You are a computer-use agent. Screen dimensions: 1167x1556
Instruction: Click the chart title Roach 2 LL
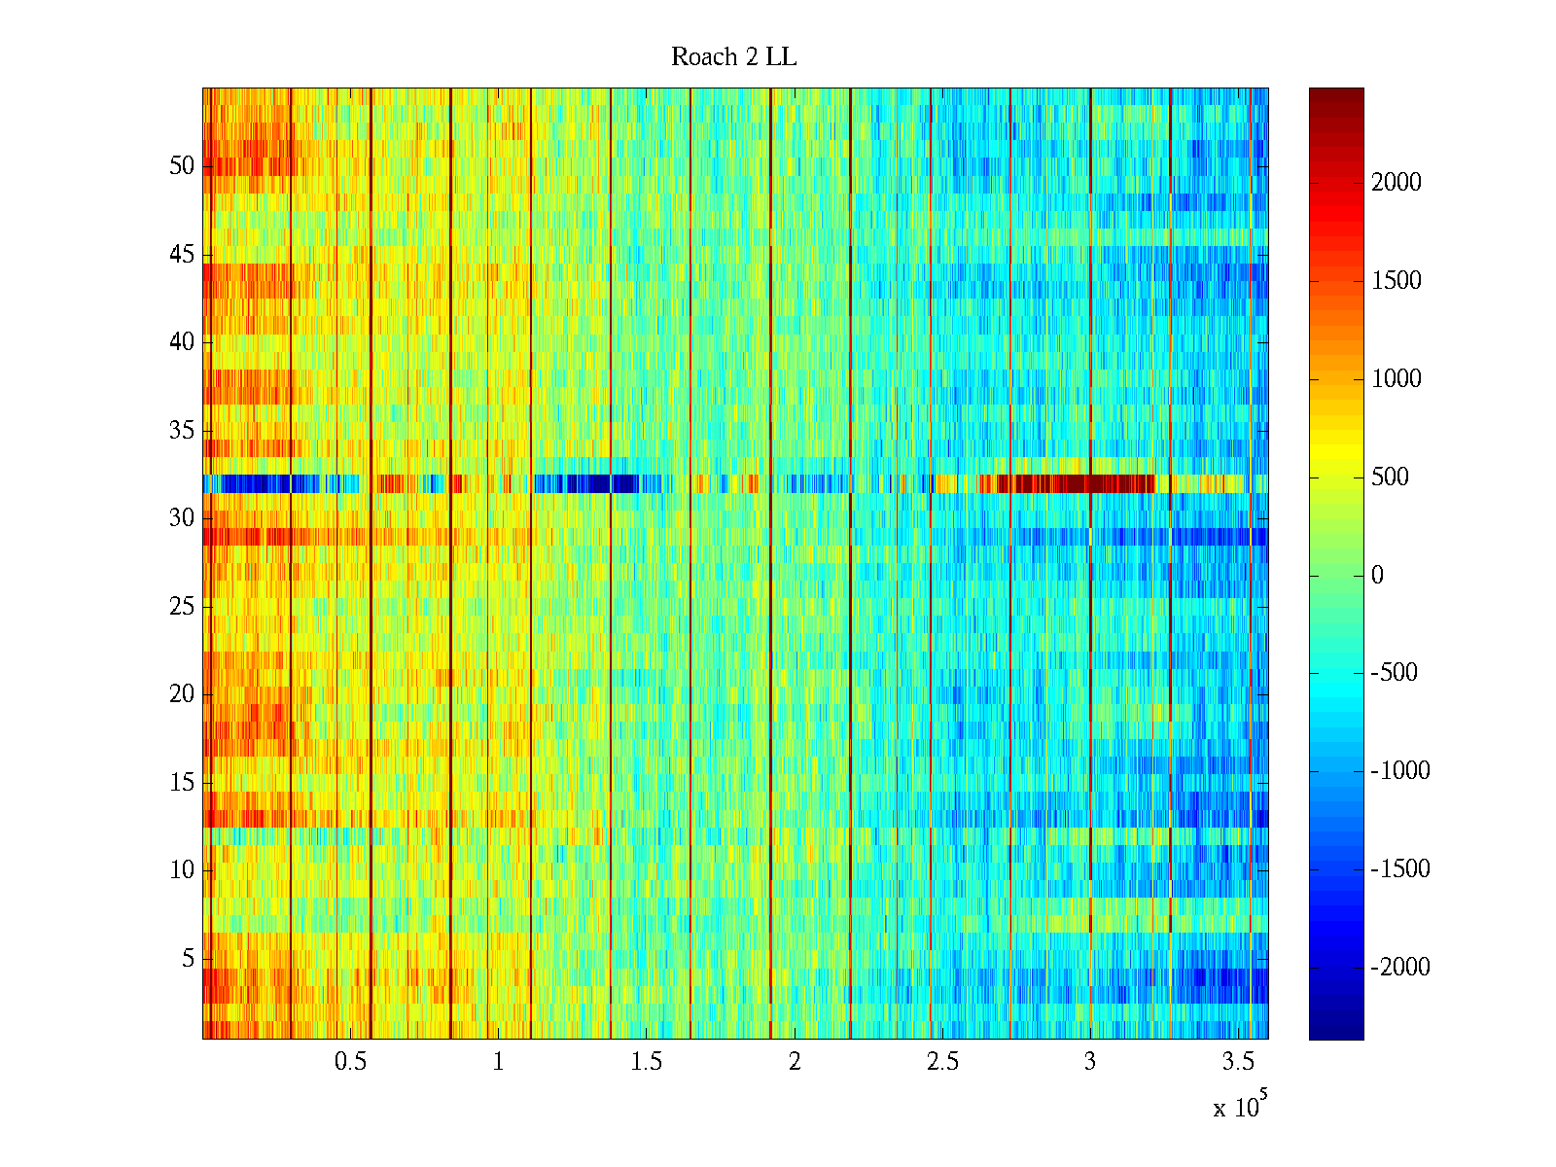click(733, 57)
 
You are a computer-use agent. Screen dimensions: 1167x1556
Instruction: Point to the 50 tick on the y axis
click(182, 166)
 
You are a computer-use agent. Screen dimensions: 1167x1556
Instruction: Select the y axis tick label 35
click(182, 430)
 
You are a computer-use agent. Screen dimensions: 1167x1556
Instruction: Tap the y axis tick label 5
click(188, 959)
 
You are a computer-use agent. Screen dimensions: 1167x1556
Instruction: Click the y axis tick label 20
click(182, 694)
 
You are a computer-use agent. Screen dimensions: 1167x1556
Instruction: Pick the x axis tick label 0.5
click(350, 1062)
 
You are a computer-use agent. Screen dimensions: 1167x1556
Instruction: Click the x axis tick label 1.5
click(646, 1062)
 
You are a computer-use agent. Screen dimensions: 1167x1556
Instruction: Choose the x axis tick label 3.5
click(1238, 1062)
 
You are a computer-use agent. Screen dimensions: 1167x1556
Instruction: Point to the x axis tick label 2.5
click(942, 1062)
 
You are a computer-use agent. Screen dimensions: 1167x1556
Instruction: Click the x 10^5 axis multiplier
click(1239, 1107)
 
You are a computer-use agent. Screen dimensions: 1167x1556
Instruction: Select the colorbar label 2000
click(1397, 183)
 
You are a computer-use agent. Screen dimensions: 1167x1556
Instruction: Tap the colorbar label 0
click(1377, 575)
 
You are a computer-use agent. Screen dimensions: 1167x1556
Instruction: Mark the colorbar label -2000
click(1400, 967)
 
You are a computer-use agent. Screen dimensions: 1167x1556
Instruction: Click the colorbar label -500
click(1395, 673)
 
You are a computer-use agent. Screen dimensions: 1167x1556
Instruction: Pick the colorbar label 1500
click(1397, 281)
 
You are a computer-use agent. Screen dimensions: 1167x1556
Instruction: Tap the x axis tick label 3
click(1090, 1062)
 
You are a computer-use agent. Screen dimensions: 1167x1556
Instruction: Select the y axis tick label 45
click(182, 255)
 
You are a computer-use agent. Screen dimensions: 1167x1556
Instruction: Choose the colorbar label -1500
click(1400, 868)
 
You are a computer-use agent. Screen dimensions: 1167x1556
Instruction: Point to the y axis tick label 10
click(182, 870)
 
